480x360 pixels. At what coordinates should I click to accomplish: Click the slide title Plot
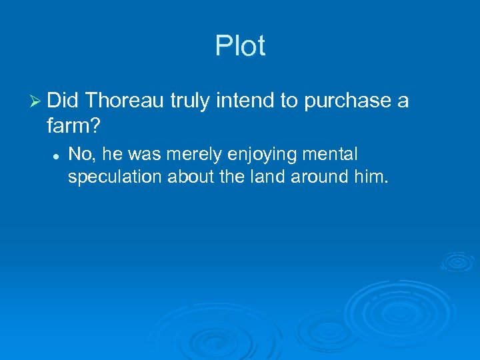[x=240, y=47]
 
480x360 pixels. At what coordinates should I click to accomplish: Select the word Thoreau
[x=125, y=101]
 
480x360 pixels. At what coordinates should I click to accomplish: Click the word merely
[x=203, y=155]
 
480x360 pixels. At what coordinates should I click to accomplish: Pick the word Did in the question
[x=63, y=101]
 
